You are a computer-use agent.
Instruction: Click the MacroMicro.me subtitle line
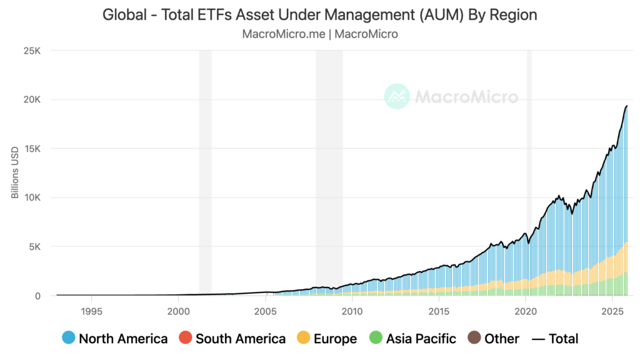coord(319,34)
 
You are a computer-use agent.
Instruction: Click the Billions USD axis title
coord(15,173)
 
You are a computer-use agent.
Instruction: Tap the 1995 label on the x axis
coord(91,311)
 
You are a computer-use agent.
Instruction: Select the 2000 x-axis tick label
coord(178,311)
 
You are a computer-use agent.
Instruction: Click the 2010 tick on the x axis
coord(352,311)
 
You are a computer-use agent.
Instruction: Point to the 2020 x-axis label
coord(526,311)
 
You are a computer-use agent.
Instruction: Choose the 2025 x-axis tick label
coord(613,311)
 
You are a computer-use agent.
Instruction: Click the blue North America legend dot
coord(69,339)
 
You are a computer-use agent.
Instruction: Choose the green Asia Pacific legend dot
coord(376,339)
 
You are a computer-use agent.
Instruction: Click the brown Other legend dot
coord(474,339)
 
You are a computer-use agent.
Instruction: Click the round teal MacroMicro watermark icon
coord(396,96)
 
